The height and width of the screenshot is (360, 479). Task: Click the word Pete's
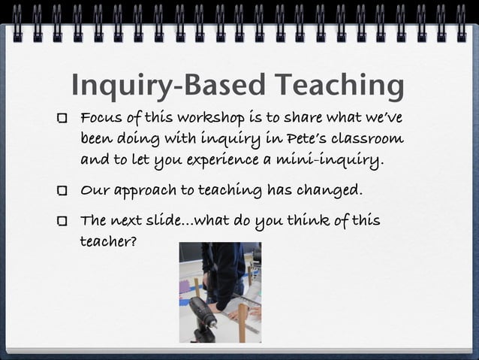pyautogui.click(x=304, y=139)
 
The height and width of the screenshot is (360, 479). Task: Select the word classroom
pyautogui.click(x=369, y=139)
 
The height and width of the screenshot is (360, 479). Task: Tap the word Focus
pyautogui.click(x=102, y=119)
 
